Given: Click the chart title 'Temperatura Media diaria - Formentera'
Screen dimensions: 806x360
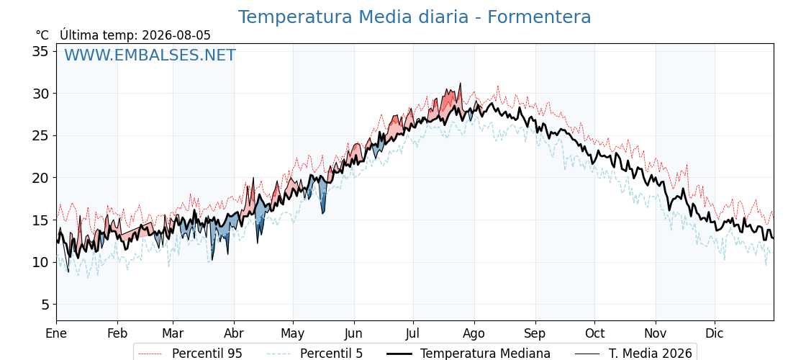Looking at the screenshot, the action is point(415,17).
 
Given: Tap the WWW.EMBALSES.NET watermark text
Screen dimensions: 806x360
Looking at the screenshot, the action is point(150,55).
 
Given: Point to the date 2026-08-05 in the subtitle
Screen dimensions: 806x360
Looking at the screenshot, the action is point(176,35).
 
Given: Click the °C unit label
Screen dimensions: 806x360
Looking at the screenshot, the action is point(42,35).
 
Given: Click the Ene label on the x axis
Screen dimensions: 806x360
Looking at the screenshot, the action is point(56,333).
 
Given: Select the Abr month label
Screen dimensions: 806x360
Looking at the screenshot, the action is point(234,333).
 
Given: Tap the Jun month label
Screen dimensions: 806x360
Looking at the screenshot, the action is point(353,333).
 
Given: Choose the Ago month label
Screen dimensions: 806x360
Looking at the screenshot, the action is point(474,334).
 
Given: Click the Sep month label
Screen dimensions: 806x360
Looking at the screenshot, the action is point(535,334).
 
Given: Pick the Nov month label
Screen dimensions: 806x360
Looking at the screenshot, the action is point(656,333).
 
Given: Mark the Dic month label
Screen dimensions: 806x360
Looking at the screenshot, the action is point(715,333).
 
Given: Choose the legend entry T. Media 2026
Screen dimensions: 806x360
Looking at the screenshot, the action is point(634,354).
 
